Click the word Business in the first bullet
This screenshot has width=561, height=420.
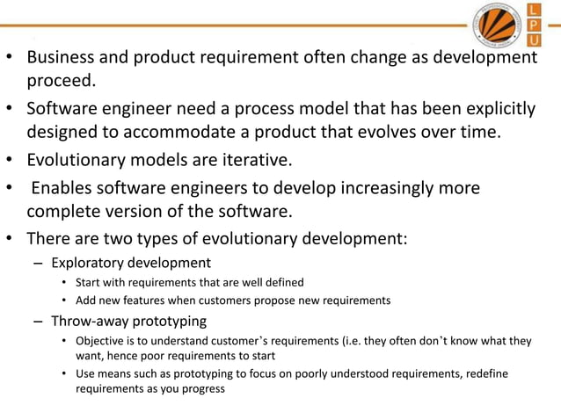click(61, 58)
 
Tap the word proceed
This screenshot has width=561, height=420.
click(59, 82)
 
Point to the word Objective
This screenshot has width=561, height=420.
click(102, 340)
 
